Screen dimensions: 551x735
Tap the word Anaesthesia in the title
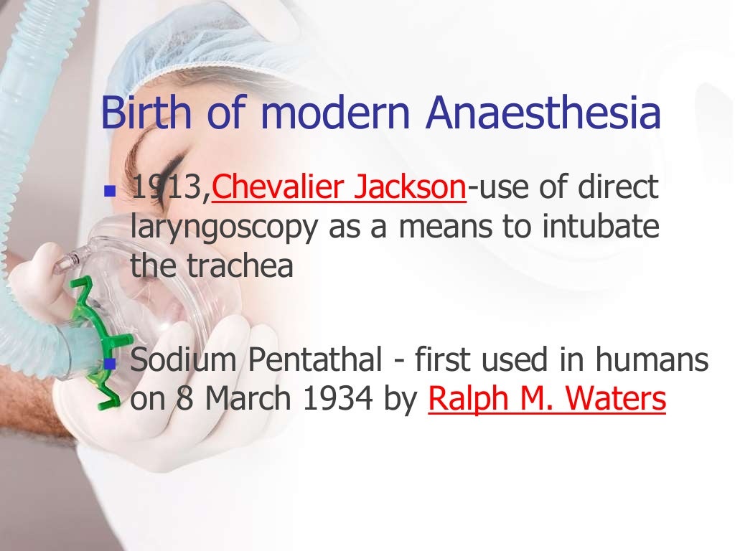pyautogui.click(x=543, y=113)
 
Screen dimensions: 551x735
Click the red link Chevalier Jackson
pyautogui.click(x=340, y=188)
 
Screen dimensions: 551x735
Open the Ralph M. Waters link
pyautogui.click(x=547, y=400)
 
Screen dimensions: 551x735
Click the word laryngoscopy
pyautogui.click(x=224, y=228)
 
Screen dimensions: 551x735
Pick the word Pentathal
pyautogui.click(x=316, y=360)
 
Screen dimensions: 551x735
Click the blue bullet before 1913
pyautogui.click(x=109, y=192)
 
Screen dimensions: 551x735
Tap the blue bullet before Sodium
pyautogui.click(x=109, y=364)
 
